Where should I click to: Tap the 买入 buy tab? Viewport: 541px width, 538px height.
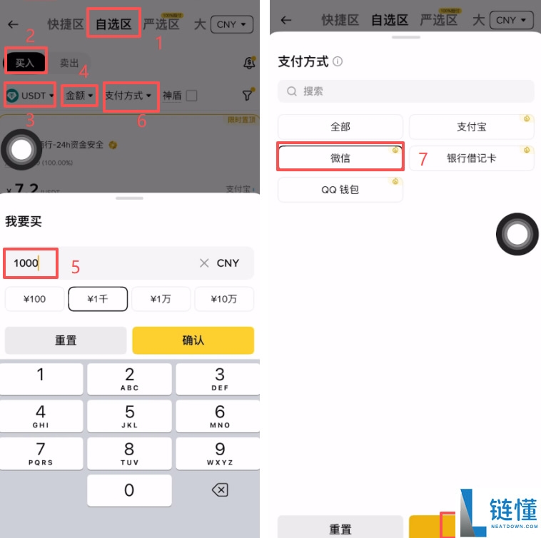coord(25,63)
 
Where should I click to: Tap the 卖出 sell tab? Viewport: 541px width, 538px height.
coord(69,63)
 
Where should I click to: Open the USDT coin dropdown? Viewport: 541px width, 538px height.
coord(30,95)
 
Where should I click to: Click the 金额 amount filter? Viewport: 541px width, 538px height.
coord(79,95)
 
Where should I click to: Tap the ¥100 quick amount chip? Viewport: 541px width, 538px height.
coord(34,299)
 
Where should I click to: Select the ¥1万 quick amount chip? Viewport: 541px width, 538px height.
coord(161,299)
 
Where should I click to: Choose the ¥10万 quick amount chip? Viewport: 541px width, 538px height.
coord(224,299)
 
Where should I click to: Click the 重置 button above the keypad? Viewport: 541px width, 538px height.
coord(66,340)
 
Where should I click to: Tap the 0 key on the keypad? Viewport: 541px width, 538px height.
coord(129,490)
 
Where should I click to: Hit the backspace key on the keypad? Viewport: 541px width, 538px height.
coord(220,490)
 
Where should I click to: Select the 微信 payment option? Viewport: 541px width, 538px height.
coord(340,158)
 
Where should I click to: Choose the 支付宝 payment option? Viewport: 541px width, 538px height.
coord(471,126)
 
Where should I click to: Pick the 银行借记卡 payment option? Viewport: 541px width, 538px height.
coord(471,158)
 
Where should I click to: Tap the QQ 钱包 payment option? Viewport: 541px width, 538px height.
coord(340,189)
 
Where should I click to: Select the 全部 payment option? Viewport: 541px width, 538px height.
coord(340,126)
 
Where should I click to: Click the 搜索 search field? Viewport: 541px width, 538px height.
coord(406,91)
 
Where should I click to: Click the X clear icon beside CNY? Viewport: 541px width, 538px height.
coord(204,263)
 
